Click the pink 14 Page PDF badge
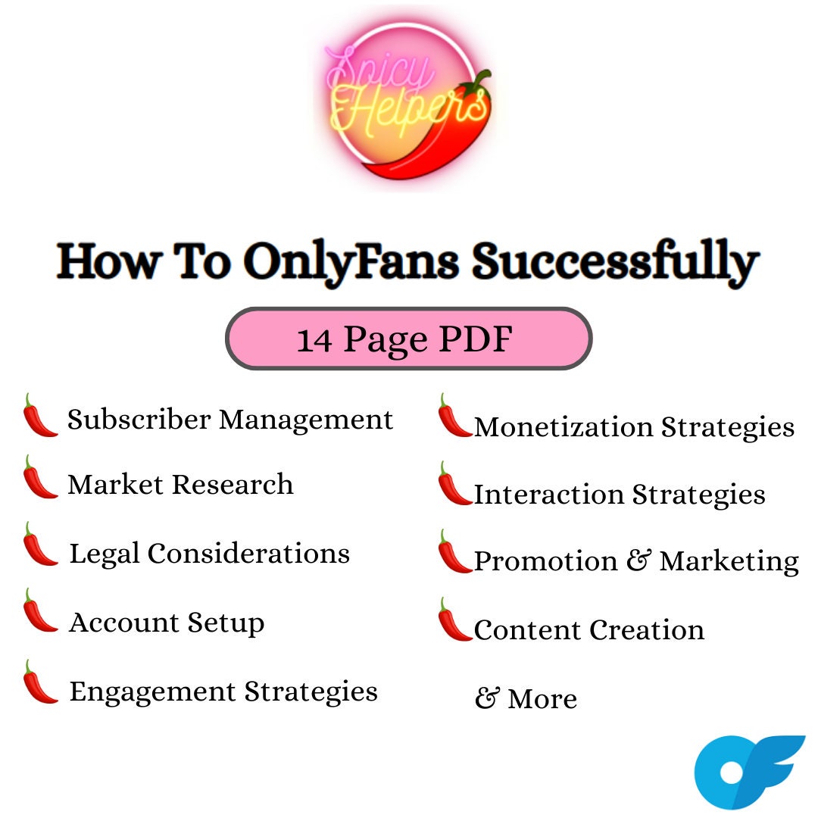408,339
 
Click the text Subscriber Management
230,419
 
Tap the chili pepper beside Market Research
39,478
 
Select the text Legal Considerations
210,554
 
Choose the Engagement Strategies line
223,691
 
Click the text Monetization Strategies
634,426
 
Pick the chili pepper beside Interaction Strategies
454,485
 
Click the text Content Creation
589,629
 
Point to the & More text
526,698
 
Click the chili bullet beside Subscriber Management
39,416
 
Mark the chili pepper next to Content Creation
454,620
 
